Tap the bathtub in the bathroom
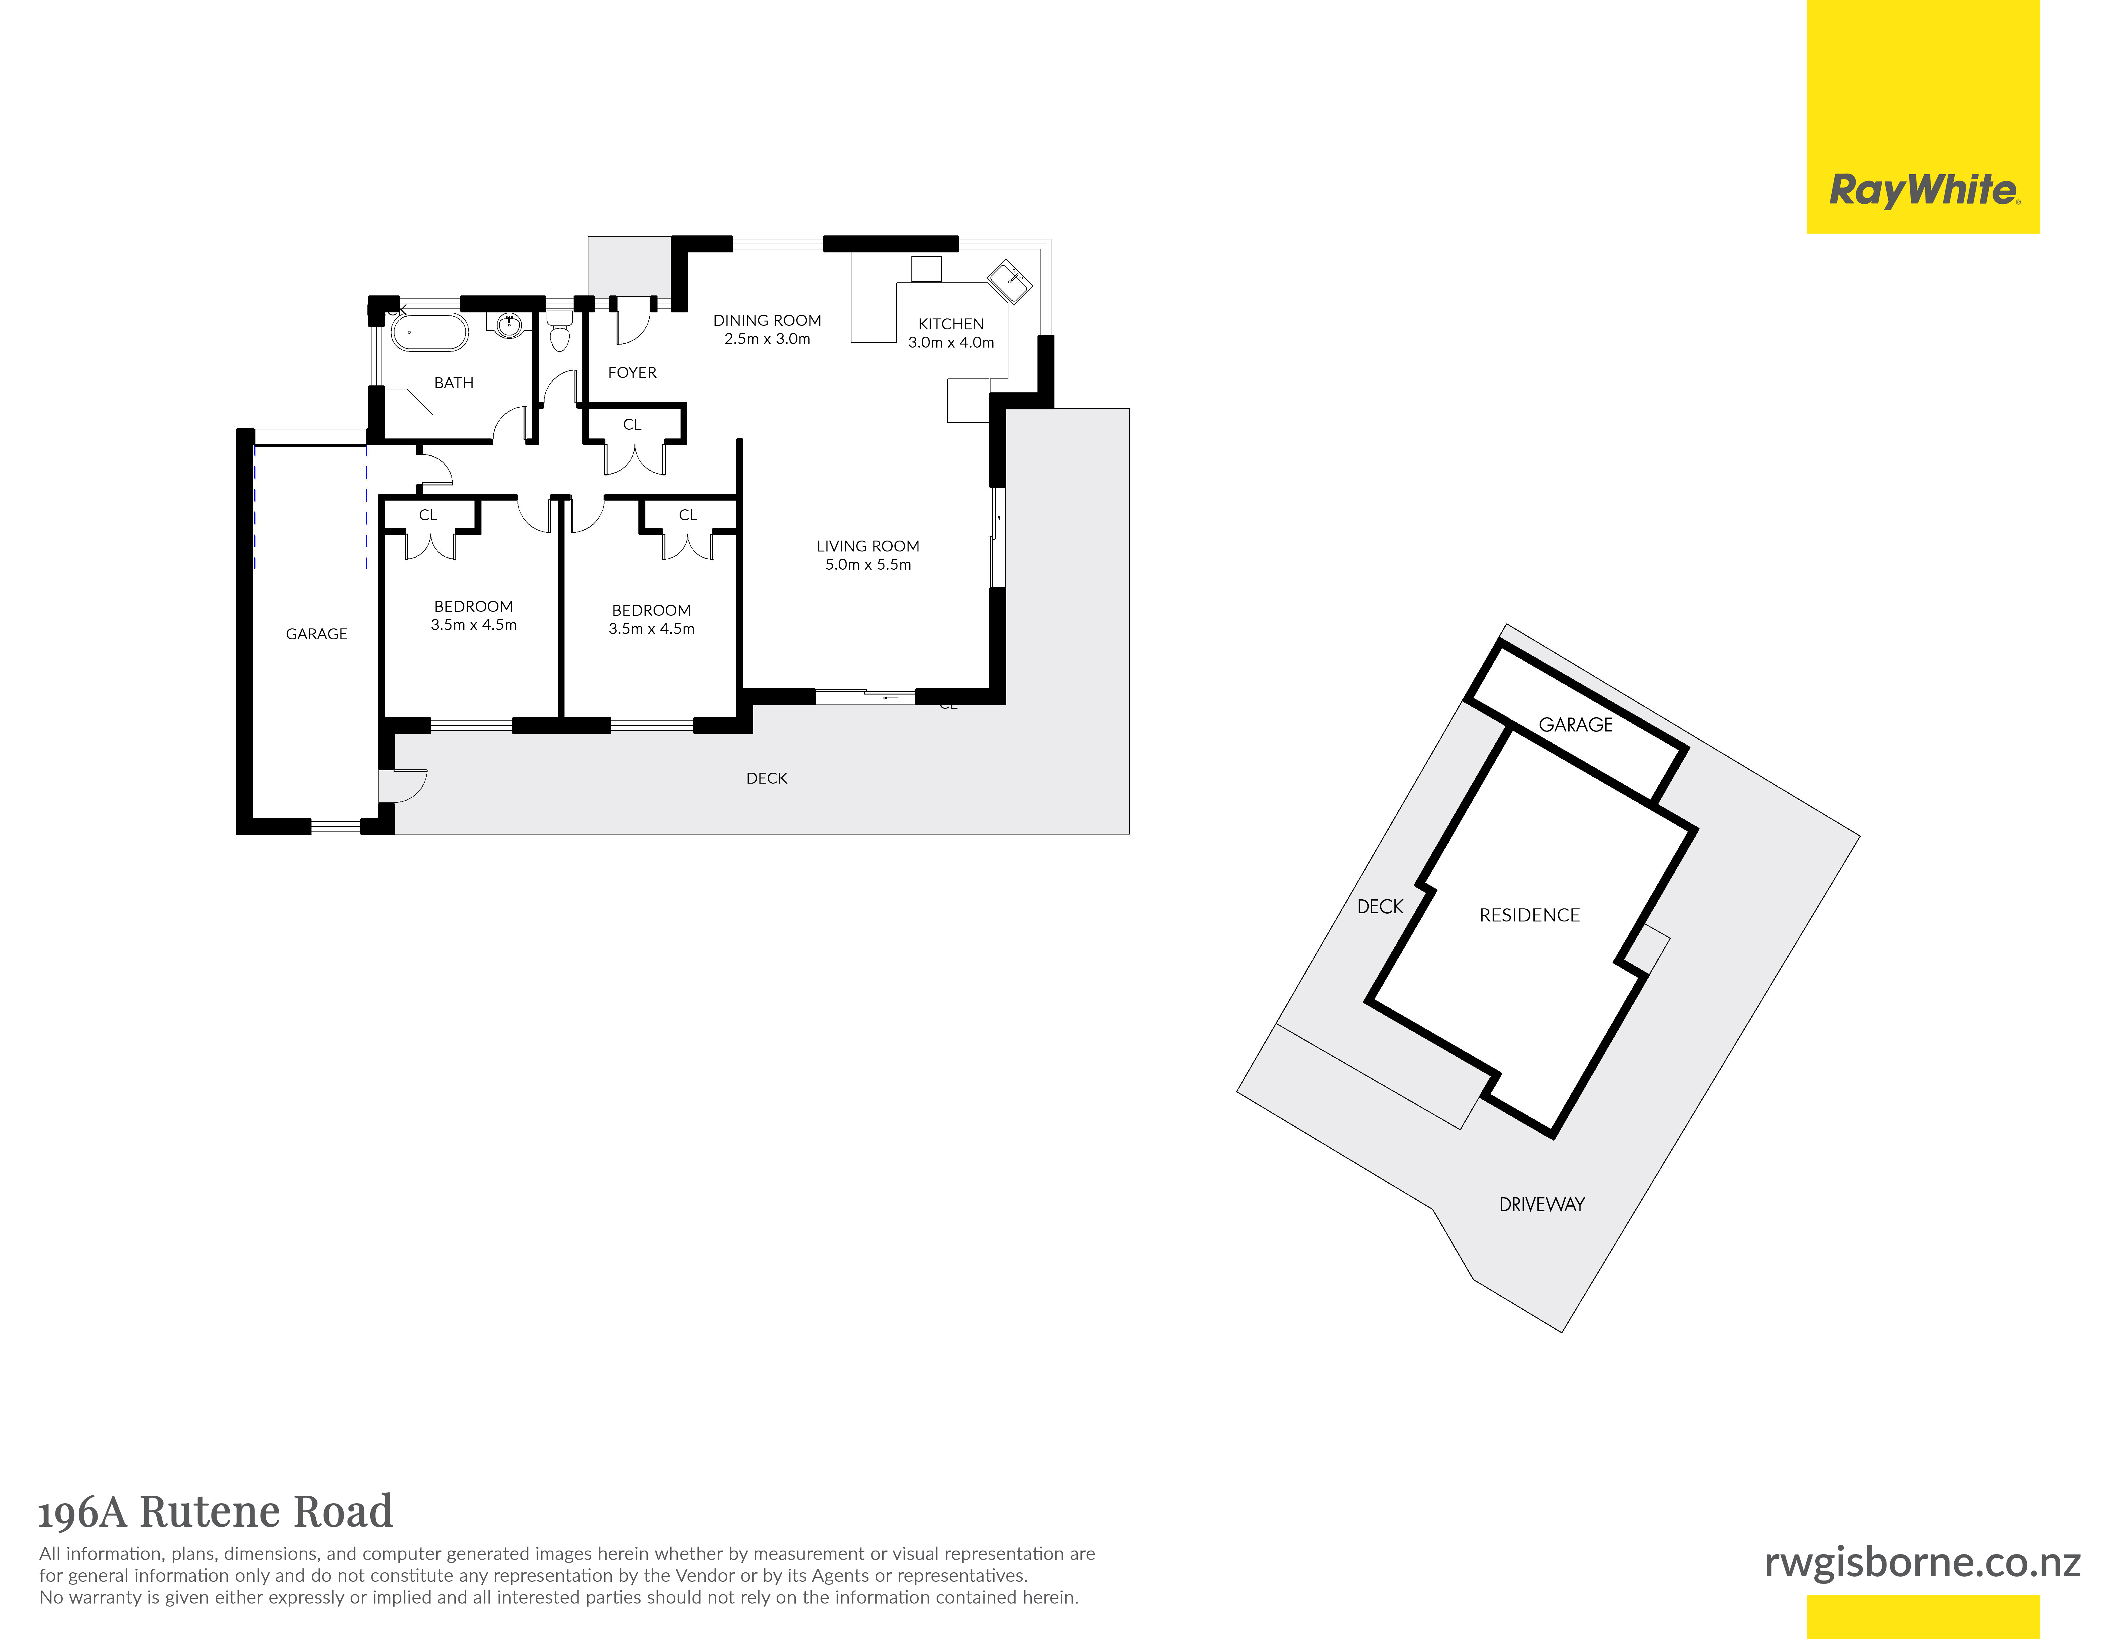pos(429,331)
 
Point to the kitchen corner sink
pos(1010,281)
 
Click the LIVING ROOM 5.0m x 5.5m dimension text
pos(868,564)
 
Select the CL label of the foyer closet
pos(632,424)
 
